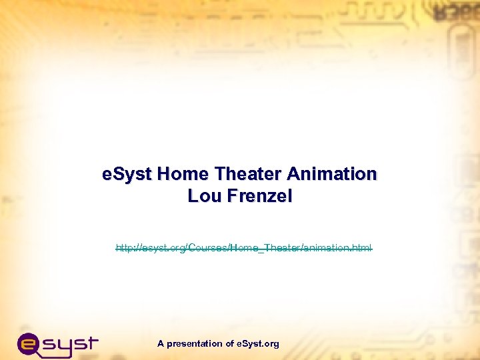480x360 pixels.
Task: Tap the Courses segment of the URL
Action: (x=207, y=248)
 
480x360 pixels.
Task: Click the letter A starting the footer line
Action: (x=161, y=344)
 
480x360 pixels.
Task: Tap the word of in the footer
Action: (x=229, y=344)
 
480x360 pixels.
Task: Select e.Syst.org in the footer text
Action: (x=258, y=344)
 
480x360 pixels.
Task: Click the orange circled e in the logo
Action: (x=30, y=345)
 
